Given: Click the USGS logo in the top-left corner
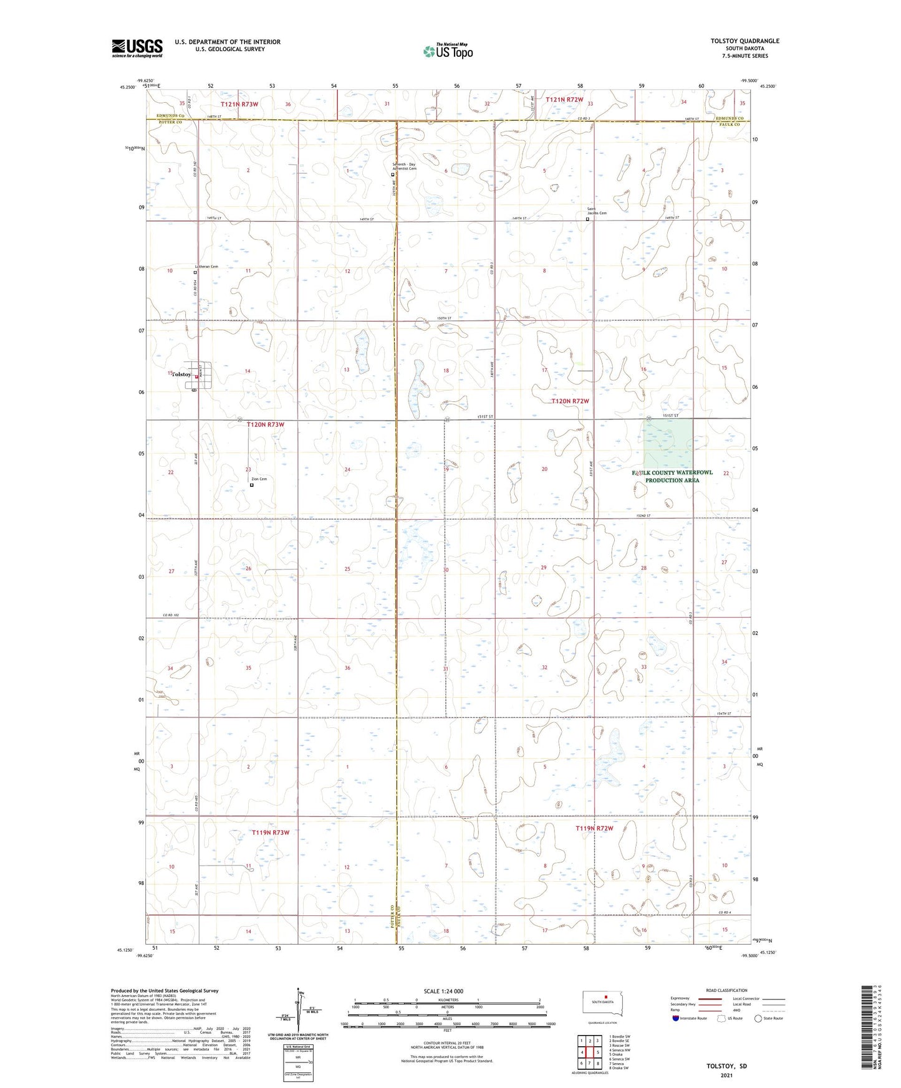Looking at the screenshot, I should tap(137, 48).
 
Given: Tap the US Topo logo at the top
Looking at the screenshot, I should tap(447, 51).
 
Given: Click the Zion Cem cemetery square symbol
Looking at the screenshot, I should tap(252, 485).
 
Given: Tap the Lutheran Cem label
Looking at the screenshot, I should tap(206, 267).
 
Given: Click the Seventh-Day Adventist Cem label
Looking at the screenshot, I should tap(404, 166).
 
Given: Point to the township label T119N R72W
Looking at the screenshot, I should tap(594, 828).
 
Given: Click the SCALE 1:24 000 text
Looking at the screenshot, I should tap(443, 991).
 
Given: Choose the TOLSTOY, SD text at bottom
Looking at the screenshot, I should tap(726, 1066).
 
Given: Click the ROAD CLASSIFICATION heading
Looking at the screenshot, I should tap(726, 990).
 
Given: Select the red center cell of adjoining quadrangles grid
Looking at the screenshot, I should tap(590, 1052).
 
